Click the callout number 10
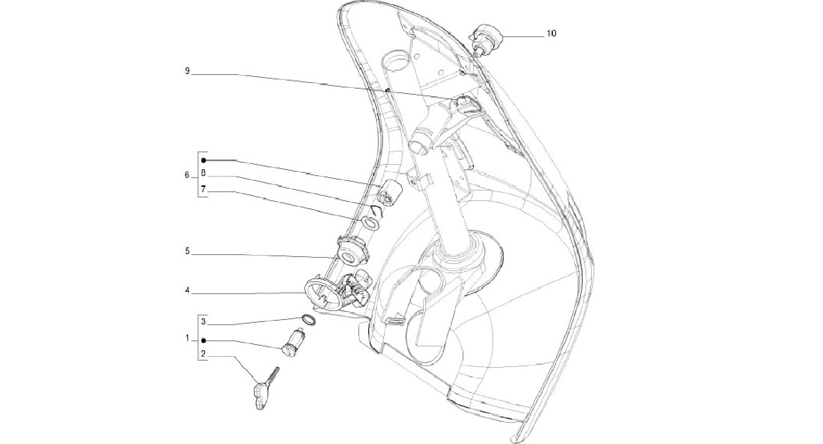pyautogui.click(x=551, y=33)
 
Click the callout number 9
pyautogui.click(x=187, y=71)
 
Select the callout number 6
pyautogui.click(x=187, y=175)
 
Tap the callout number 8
pyautogui.click(x=203, y=173)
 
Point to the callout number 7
pyautogui.click(x=203, y=189)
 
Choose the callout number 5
pyautogui.click(x=187, y=251)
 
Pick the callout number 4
pyautogui.click(x=187, y=290)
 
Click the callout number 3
pyautogui.click(x=203, y=322)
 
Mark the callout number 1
pyautogui.click(x=187, y=338)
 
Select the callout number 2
pyautogui.click(x=203, y=354)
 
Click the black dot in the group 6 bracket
pyautogui.click(x=203, y=160)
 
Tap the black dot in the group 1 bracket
pyautogui.click(x=203, y=340)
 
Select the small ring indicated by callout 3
pyautogui.click(x=309, y=320)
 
